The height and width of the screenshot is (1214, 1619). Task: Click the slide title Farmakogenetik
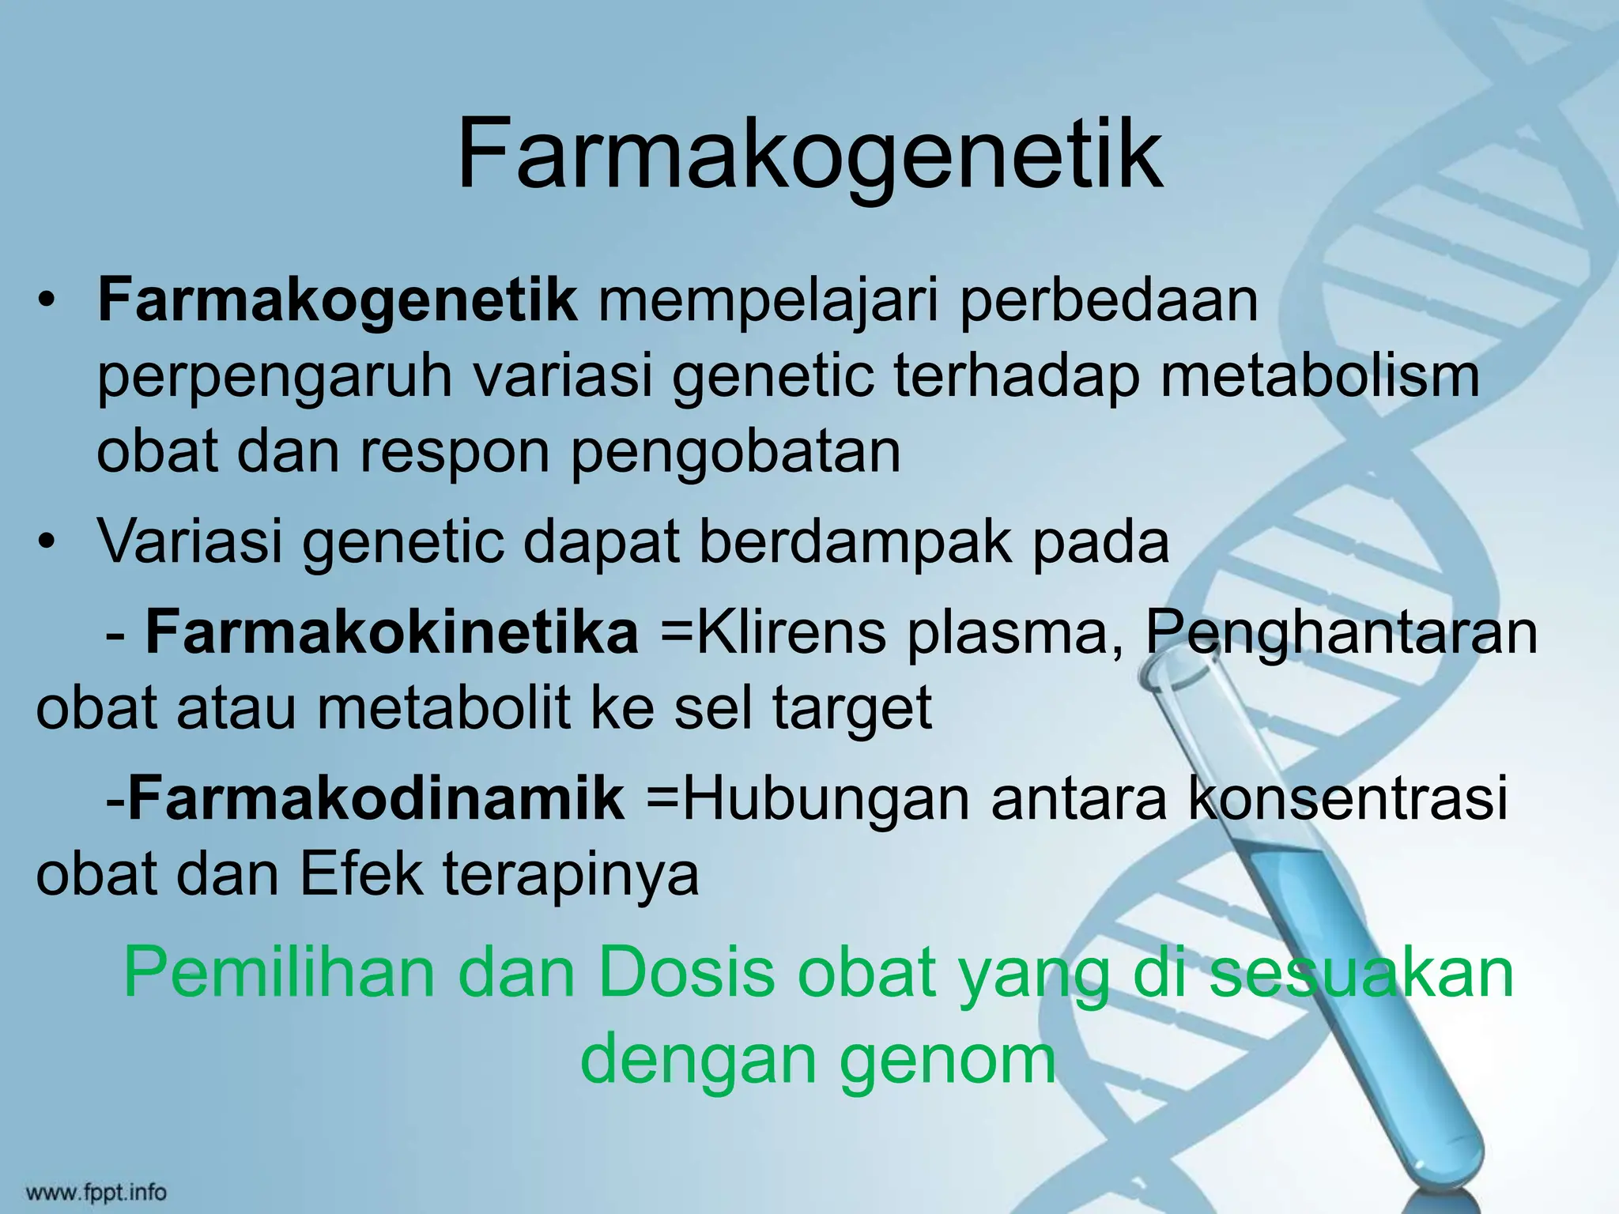coord(809,154)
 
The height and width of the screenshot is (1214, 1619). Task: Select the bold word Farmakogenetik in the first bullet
coord(338,301)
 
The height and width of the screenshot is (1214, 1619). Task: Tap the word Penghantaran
coord(1341,634)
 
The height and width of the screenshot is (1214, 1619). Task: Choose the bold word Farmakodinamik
coord(376,798)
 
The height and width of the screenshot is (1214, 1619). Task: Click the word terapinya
coord(571,876)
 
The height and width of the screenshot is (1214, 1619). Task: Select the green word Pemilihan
coord(279,975)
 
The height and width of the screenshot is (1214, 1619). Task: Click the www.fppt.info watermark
coord(96,1191)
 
